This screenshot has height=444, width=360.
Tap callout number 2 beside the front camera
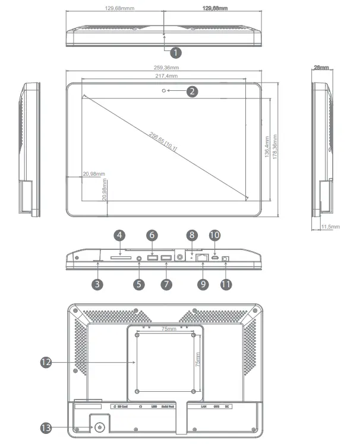point(191,91)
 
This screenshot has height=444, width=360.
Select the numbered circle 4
point(119,236)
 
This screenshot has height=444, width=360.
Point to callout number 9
point(203,284)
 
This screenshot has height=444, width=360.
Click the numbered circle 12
point(46,360)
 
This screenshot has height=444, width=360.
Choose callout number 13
point(46,426)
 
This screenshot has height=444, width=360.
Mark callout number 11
point(226,284)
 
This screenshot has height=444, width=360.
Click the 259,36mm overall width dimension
point(163,68)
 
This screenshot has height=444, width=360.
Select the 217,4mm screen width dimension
point(163,77)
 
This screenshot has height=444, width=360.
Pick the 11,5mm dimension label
point(330,227)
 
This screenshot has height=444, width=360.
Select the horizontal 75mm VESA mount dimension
point(167,328)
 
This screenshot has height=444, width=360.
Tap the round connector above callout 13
point(99,427)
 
